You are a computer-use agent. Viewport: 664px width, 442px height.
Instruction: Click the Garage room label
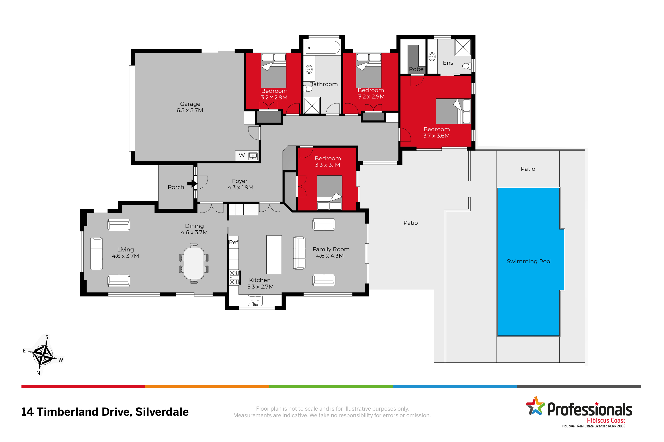click(x=190, y=107)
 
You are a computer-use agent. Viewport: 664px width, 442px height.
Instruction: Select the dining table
click(x=194, y=263)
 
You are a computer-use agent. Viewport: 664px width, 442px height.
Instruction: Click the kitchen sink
click(x=255, y=300)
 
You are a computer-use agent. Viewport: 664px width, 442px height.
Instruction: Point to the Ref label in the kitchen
click(x=234, y=242)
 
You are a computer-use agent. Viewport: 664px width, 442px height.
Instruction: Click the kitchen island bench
click(x=274, y=254)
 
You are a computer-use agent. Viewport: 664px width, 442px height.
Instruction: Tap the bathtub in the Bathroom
click(x=323, y=47)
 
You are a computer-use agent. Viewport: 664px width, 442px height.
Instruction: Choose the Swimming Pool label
click(x=529, y=261)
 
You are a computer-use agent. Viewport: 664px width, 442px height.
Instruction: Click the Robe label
click(x=416, y=69)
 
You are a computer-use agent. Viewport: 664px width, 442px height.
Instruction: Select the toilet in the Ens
click(x=467, y=66)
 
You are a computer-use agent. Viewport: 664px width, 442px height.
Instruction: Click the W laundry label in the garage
click(x=242, y=155)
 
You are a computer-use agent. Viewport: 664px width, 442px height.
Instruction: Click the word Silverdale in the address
click(x=162, y=412)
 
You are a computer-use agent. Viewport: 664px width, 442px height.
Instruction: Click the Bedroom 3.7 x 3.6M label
click(x=436, y=132)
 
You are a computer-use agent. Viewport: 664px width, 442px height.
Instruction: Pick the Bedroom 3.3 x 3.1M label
click(x=327, y=162)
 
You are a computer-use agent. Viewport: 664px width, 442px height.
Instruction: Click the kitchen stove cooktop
click(x=234, y=277)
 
